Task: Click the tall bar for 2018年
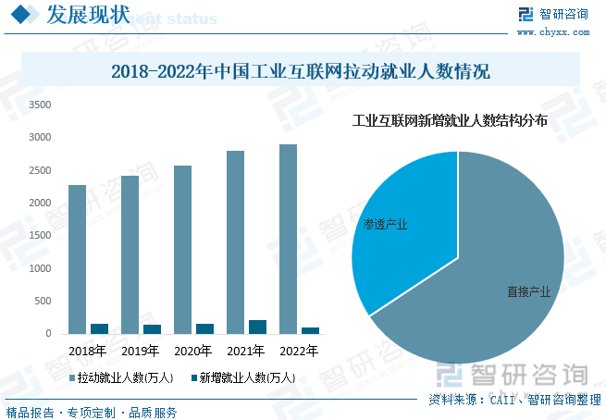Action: [x=77, y=259]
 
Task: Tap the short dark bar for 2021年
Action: [x=257, y=327]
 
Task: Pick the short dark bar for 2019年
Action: [x=152, y=329]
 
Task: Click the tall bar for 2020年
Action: [x=182, y=250]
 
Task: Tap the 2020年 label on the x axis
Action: [x=193, y=352]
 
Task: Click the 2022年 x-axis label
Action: [x=299, y=352]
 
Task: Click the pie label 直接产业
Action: [x=528, y=291]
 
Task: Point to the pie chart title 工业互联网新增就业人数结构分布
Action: [x=451, y=120]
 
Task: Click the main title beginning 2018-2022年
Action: [x=300, y=71]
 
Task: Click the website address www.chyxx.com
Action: [x=552, y=31]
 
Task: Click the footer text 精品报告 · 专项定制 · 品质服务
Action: [x=92, y=413]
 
